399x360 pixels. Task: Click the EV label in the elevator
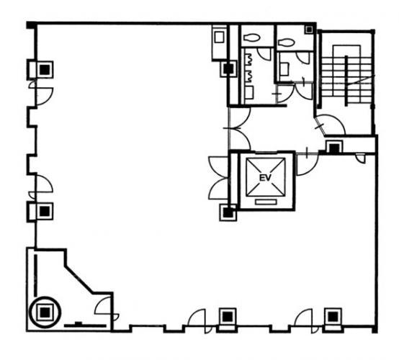(266, 178)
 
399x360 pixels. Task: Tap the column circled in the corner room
(45, 312)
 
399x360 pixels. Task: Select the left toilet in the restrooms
(251, 37)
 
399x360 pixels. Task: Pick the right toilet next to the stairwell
(287, 42)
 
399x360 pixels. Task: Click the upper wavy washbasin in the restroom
(249, 60)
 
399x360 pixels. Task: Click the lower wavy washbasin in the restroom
(249, 76)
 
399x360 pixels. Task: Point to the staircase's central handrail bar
(346, 81)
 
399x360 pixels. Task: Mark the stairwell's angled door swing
(331, 124)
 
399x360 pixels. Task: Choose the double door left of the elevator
(218, 178)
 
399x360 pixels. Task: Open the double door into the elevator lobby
(239, 128)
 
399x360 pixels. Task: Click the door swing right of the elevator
(307, 164)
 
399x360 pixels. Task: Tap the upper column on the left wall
(45, 69)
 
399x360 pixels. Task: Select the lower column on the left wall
(45, 211)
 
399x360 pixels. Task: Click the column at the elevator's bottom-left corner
(228, 212)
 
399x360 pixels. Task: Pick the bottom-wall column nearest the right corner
(332, 317)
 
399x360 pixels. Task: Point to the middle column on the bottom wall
(228, 317)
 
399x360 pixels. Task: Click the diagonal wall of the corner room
(79, 280)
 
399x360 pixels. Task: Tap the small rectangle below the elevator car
(266, 202)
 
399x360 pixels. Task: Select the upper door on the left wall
(42, 92)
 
